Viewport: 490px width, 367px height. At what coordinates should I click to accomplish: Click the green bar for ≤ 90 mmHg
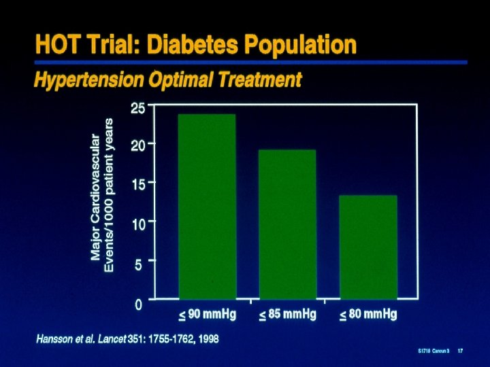tap(207, 206)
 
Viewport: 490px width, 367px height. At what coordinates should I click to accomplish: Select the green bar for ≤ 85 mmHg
tap(287, 224)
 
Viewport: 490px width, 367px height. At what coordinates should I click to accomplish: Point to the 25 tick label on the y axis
tap(137, 107)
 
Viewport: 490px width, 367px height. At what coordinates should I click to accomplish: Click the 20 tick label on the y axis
tap(137, 145)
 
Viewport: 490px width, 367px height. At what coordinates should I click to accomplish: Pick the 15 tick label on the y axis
tap(137, 183)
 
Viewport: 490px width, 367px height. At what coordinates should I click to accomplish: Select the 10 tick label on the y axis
tap(137, 223)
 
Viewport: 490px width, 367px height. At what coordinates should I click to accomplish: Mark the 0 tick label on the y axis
tap(139, 304)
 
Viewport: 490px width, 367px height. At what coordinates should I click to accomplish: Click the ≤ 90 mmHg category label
tap(208, 315)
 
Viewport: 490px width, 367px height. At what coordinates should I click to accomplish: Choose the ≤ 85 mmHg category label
tap(288, 315)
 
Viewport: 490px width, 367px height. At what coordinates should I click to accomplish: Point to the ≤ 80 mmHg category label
tap(368, 315)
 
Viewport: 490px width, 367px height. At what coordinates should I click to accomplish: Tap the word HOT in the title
tap(56, 46)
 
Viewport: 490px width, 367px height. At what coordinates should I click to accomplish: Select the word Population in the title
tap(301, 46)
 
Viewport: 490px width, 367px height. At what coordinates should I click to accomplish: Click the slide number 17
tap(461, 351)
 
